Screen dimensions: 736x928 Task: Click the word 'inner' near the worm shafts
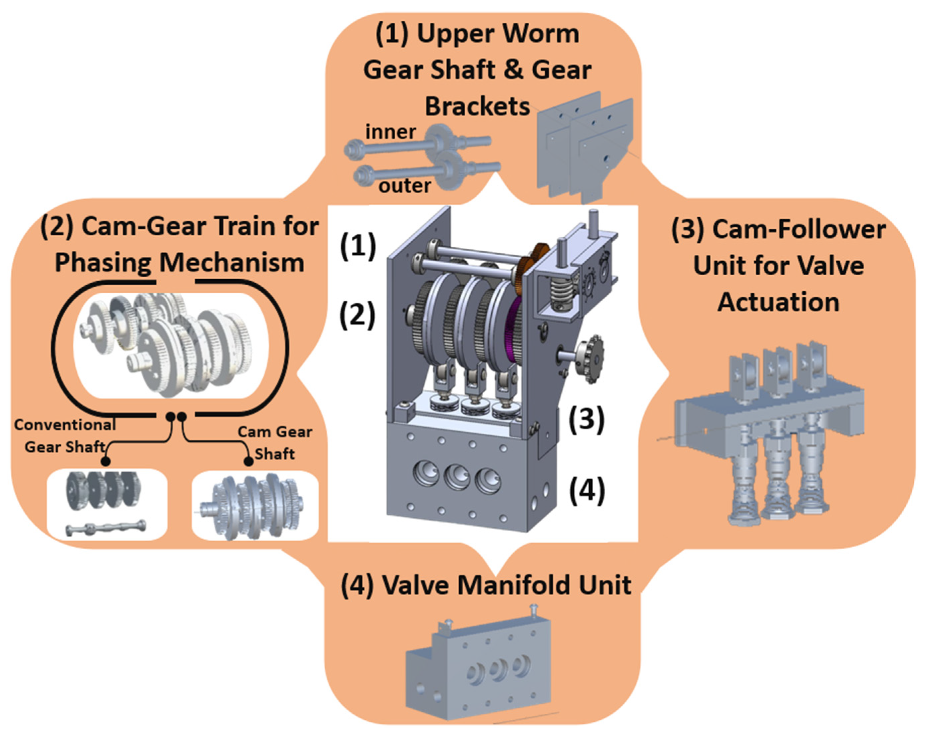tap(390, 131)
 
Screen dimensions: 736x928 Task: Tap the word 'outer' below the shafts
tap(405, 186)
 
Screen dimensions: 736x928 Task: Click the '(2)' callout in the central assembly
tap(357, 315)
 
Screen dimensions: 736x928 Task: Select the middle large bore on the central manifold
tap(457, 477)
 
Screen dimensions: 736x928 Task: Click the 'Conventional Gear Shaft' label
tap(65, 436)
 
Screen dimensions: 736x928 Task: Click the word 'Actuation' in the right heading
tap(778, 302)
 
